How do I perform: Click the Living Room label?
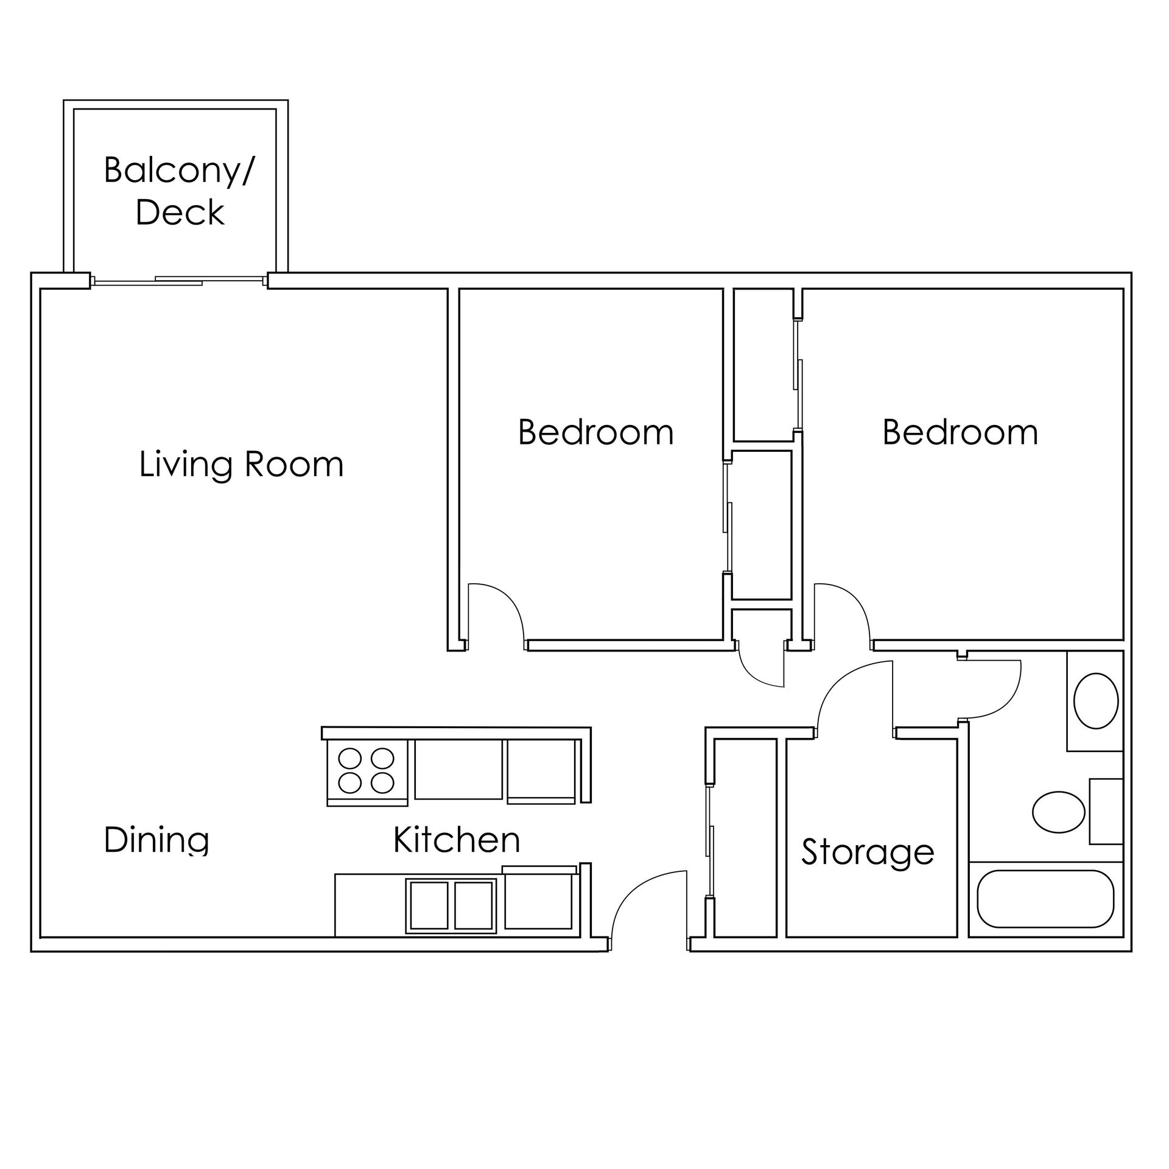click(242, 465)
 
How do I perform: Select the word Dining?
click(156, 841)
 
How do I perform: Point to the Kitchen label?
click(457, 840)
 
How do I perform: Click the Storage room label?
click(868, 852)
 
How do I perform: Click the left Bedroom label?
click(596, 432)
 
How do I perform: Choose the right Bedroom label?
click(960, 432)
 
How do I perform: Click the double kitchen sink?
click(451, 905)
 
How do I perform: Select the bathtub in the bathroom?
click(1045, 898)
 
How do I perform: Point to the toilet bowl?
click(1059, 812)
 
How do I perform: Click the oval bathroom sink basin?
click(1096, 701)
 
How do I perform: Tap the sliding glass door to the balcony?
click(179, 281)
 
